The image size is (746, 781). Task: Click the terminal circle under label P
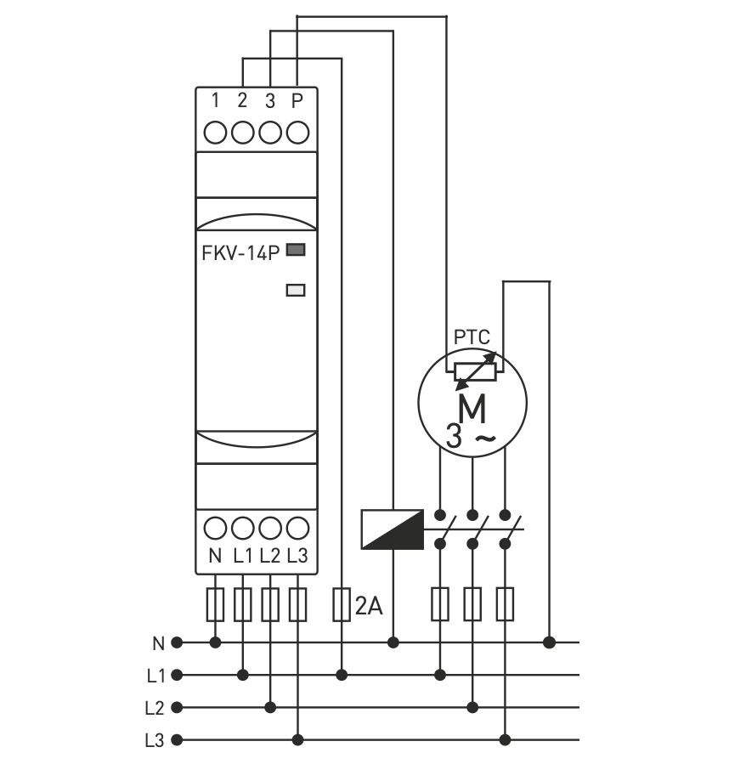(297, 133)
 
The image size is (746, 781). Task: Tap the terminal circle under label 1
(216, 133)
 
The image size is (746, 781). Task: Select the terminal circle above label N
(216, 529)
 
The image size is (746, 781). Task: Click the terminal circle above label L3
(297, 529)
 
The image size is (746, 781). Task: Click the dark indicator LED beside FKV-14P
(296, 250)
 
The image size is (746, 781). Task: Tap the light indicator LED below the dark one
(296, 290)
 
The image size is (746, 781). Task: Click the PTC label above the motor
(472, 337)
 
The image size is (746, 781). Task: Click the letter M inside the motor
(472, 410)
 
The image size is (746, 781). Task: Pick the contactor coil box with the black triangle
(392, 529)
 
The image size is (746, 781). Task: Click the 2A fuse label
(370, 606)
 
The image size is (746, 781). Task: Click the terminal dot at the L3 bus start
(177, 740)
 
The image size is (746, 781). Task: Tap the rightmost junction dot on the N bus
(549, 642)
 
